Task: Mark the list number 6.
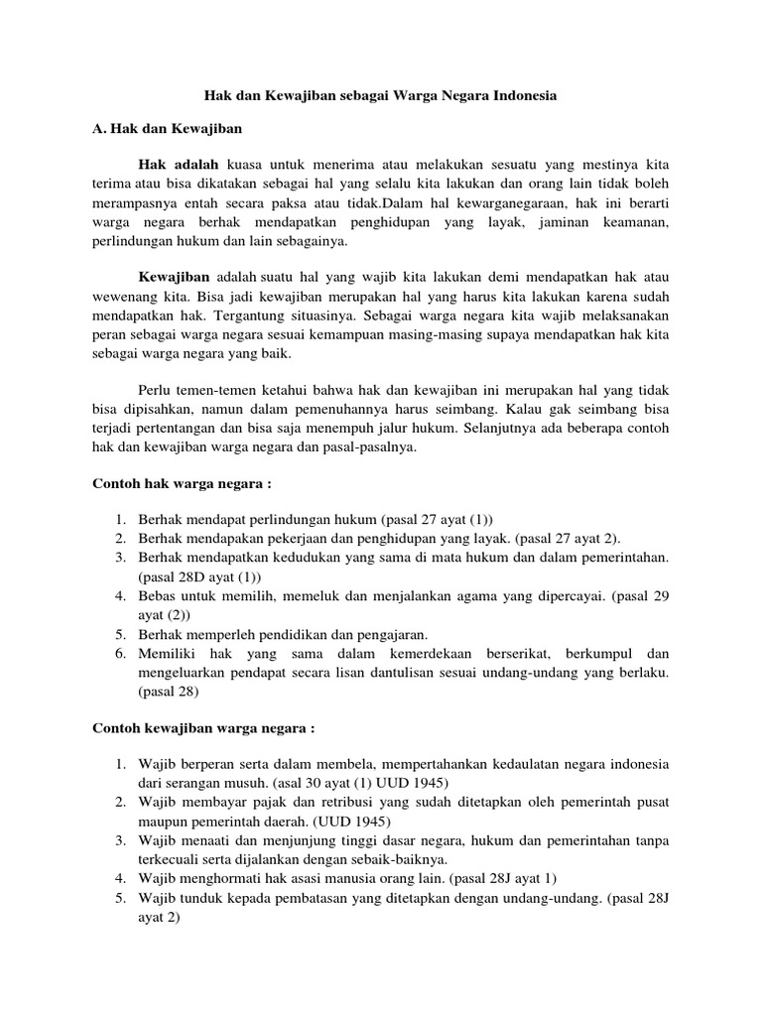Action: (x=119, y=654)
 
